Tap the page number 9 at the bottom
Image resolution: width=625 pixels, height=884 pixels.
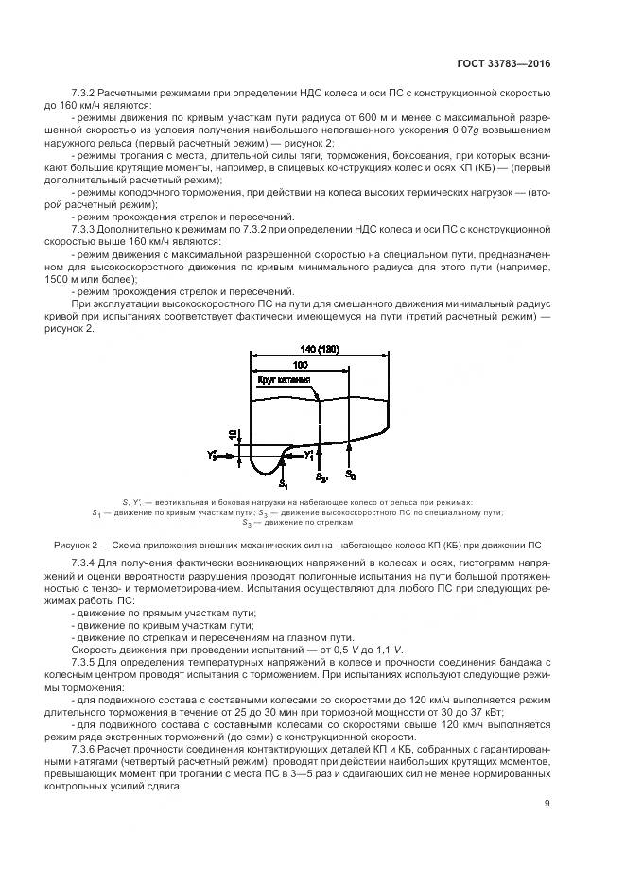[x=547, y=804]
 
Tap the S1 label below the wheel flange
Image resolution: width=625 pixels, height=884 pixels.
[x=283, y=482]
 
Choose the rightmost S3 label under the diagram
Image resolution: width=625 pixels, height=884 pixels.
[x=350, y=474]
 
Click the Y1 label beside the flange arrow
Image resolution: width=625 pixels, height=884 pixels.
[x=309, y=455]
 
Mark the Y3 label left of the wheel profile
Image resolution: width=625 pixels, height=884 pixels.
[x=214, y=456]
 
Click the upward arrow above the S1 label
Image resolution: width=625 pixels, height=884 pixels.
[x=284, y=464]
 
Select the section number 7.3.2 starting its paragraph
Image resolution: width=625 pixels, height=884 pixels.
[x=87, y=95]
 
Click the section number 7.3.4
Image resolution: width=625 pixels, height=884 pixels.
[x=87, y=563]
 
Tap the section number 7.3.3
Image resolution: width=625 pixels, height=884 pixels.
[x=87, y=229]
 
